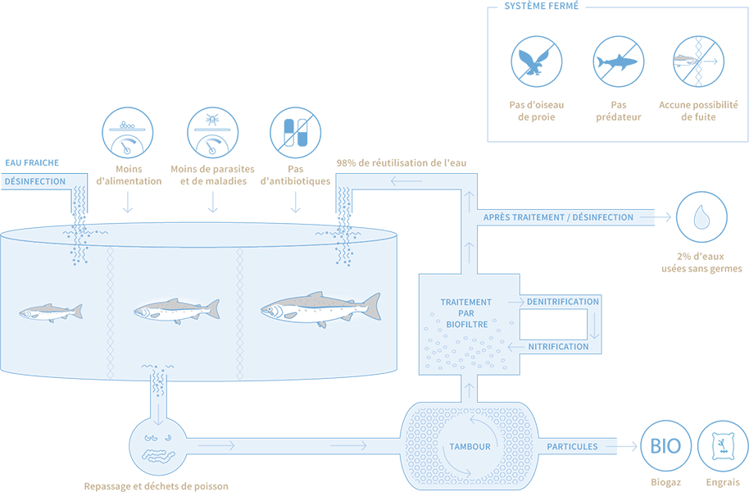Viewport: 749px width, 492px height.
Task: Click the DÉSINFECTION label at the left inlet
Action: (34, 181)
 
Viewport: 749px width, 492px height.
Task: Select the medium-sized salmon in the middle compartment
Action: (176, 309)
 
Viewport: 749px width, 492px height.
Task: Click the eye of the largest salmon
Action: (273, 309)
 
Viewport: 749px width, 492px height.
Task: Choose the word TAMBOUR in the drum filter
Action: (470, 447)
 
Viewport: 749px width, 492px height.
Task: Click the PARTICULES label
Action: (571, 447)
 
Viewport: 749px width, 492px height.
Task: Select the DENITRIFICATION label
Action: (563, 302)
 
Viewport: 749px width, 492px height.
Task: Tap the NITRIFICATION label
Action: (558, 347)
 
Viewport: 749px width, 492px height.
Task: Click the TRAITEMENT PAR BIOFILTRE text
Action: (466, 312)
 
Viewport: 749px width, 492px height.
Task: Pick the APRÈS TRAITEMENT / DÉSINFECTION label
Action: (558, 217)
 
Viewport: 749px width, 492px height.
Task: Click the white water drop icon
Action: (701, 216)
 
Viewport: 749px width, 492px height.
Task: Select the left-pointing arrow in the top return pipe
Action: (402, 181)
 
